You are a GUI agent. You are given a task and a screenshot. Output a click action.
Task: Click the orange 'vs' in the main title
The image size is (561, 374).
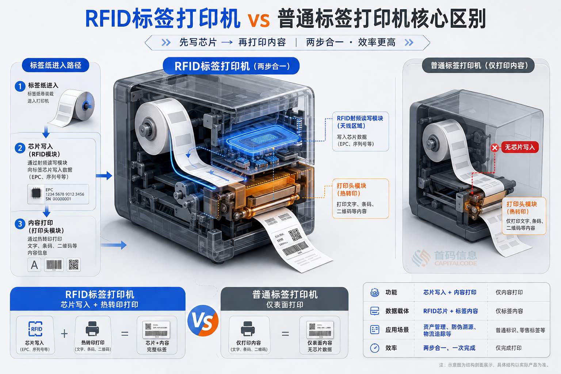[259, 20]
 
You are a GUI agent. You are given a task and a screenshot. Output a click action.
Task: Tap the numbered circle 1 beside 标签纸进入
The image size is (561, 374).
[20, 86]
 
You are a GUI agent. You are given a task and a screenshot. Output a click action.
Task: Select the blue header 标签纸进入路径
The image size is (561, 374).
[56, 65]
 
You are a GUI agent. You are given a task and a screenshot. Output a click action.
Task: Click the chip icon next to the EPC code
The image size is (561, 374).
[36, 194]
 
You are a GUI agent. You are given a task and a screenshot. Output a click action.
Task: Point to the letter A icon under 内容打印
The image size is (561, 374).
[34, 264]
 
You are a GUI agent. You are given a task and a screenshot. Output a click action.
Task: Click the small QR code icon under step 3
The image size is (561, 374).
[73, 264]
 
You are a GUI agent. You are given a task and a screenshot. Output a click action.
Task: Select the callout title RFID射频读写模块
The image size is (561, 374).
[360, 118]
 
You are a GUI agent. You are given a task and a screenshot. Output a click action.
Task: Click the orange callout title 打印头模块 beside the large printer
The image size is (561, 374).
[351, 186]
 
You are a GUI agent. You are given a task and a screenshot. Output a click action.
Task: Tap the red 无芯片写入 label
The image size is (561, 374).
[519, 147]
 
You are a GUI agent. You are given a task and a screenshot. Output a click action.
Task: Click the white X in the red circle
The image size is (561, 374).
[495, 148]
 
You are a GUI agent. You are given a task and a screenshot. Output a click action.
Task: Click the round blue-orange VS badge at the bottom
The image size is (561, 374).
[203, 321]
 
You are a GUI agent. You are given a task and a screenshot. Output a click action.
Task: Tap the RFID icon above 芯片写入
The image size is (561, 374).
[35, 329]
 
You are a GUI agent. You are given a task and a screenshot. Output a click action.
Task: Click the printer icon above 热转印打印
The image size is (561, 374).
[92, 328]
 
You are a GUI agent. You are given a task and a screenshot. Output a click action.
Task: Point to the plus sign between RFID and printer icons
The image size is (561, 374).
[64, 333]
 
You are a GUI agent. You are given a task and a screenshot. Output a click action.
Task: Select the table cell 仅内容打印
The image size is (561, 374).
[509, 293]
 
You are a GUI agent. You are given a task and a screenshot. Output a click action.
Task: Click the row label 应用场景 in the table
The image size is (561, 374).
[397, 330]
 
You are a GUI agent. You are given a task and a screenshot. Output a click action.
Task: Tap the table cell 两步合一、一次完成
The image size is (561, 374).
[449, 348]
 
